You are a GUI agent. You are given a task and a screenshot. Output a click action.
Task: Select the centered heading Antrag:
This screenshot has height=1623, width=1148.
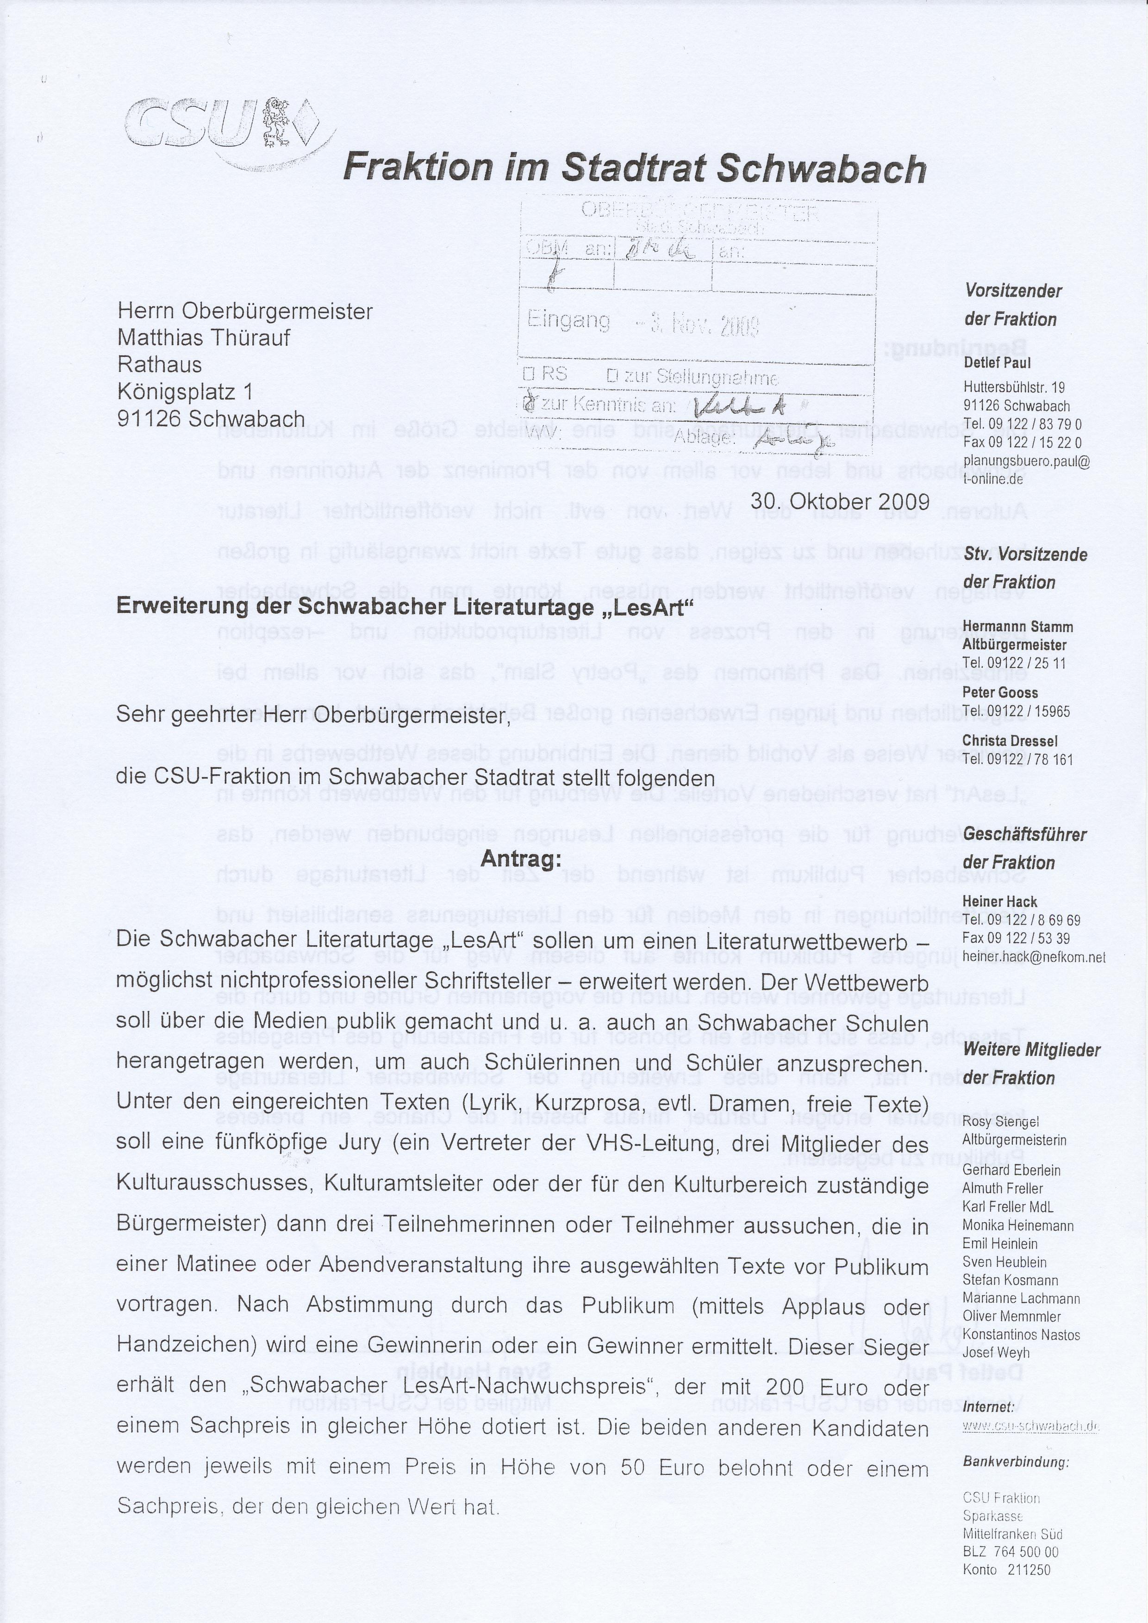[x=521, y=859]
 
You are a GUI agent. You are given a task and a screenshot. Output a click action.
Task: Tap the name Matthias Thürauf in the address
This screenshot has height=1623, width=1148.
[x=204, y=337]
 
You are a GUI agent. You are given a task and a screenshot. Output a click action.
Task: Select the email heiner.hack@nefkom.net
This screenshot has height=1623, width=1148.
[x=1034, y=957]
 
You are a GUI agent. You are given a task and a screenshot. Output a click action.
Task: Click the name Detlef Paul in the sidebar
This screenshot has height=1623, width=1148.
[x=997, y=363]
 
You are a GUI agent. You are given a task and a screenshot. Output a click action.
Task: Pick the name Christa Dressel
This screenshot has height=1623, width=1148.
[x=1010, y=741]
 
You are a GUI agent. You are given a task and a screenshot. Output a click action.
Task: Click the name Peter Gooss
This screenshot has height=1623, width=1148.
[x=999, y=693]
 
